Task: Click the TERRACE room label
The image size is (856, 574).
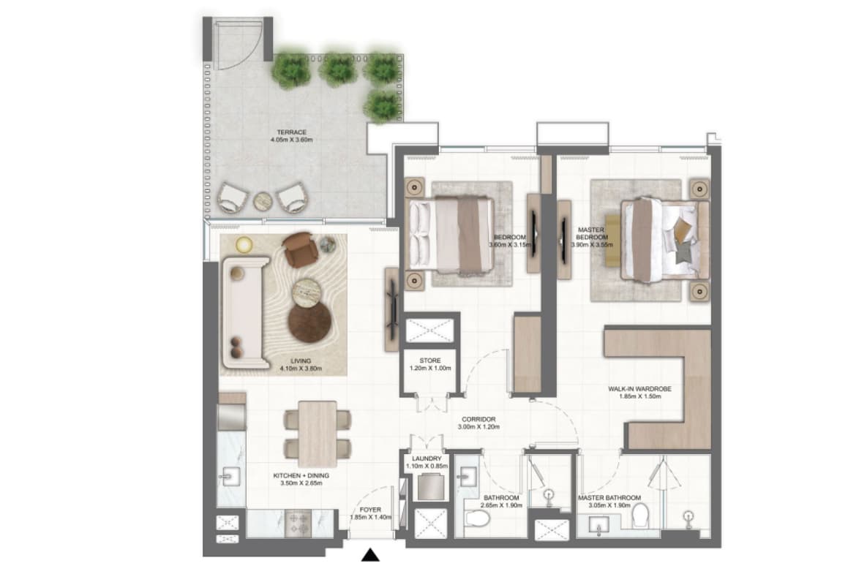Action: [291, 132]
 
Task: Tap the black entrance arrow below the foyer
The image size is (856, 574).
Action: [371, 555]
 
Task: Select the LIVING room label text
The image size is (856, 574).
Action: [301, 360]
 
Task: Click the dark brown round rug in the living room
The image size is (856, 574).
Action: [309, 322]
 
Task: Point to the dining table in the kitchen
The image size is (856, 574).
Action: [318, 434]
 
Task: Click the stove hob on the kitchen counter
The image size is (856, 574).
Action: [298, 524]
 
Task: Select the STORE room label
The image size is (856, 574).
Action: [430, 360]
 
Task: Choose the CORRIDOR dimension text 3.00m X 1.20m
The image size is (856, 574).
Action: [478, 427]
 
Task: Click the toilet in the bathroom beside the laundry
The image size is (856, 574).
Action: [476, 518]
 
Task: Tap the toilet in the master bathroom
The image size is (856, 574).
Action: [640, 516]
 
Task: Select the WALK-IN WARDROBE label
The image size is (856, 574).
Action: [640, 389]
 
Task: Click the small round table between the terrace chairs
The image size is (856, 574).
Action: [263, 201]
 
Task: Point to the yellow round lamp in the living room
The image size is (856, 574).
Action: [244, 245]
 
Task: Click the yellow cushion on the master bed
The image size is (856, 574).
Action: [683, 229]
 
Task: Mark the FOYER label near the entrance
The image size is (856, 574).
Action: [371, 510]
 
